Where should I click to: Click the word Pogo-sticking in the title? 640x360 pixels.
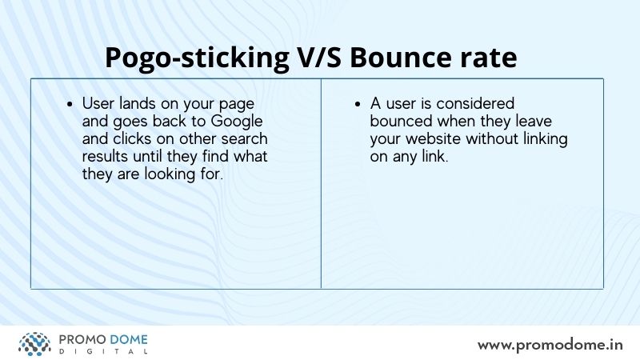click(x=197, y=58)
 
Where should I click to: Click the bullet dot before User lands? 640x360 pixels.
click(x=70, y=105)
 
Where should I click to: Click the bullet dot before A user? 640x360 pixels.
click(x=358, y=105)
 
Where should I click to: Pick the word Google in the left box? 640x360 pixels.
click(x=237, y=122)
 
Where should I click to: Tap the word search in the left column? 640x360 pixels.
click(x=245, y=138)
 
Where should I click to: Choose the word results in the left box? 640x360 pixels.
click(x=106, y=156)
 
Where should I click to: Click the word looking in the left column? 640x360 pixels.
click(x=170, y=174)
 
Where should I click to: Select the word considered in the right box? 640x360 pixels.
click(x=475, y=104)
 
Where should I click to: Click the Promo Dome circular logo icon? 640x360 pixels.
click(x=34, y=344)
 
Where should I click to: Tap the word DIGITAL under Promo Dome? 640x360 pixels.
click(x=103, y=351)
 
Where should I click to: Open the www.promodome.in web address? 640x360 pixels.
click(x=550, y=346)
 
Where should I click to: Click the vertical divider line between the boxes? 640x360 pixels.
click(x=322, y=184)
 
